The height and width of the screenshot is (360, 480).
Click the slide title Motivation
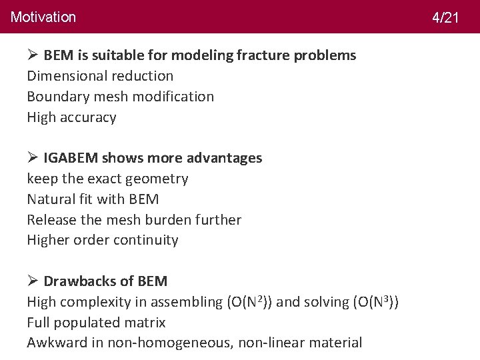[43, 17]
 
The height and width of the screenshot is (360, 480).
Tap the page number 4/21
[445, 17]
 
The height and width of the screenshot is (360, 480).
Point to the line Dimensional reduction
[100, 76]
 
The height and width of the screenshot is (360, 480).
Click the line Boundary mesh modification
[121, 97]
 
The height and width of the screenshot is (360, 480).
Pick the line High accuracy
[71, 117]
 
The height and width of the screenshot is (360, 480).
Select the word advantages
[225, 158]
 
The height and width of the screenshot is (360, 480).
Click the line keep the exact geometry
[107, 179]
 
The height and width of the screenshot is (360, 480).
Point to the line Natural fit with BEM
[93, 199]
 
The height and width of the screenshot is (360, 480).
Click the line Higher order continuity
[103, 240]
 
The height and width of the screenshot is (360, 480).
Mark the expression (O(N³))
[371, 301]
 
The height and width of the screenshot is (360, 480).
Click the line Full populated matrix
[96, 323]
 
